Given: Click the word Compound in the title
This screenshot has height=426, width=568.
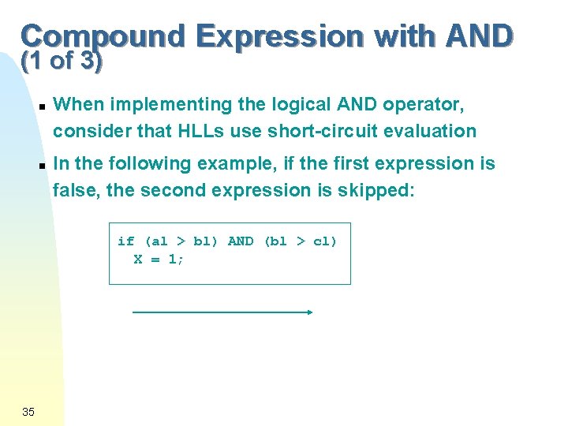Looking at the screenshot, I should [x=103, y=36].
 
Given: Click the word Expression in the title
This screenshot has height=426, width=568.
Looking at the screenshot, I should [x=279, y=36].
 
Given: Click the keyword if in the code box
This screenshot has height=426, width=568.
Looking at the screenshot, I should [x=125, y=241].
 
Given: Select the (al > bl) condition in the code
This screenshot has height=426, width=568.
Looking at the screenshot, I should [x=181, y=241].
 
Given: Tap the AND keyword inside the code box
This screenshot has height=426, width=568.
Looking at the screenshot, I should [x=241, y=241].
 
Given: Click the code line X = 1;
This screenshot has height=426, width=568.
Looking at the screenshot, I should [x=159, y=259].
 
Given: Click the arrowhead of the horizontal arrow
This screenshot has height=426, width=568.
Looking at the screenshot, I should [x=310, y=312].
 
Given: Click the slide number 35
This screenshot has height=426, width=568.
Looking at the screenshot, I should [x=28, y=411].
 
